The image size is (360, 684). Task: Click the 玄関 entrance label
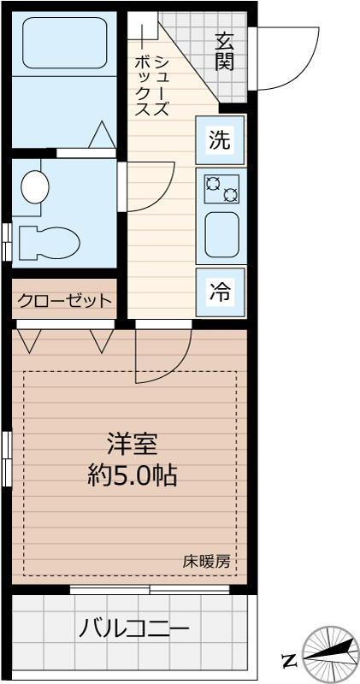(225, 50)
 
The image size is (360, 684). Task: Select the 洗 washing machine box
(220, 139)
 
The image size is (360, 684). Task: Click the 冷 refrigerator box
(220, 291)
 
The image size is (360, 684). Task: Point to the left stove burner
(212, 181)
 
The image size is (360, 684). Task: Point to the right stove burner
(230, 195)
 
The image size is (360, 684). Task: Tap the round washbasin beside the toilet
(35, 186)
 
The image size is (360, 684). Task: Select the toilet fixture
(47, 242)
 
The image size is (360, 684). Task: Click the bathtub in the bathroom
(64, 43)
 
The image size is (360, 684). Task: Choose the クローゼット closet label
(64, 300)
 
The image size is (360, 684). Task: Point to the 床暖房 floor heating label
(206, 562)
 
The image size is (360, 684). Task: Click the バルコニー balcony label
(134, 630)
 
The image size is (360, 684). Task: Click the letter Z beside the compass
(289, 659)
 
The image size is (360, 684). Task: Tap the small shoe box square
(144, 27)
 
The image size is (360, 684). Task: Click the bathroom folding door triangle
(102, 135)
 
